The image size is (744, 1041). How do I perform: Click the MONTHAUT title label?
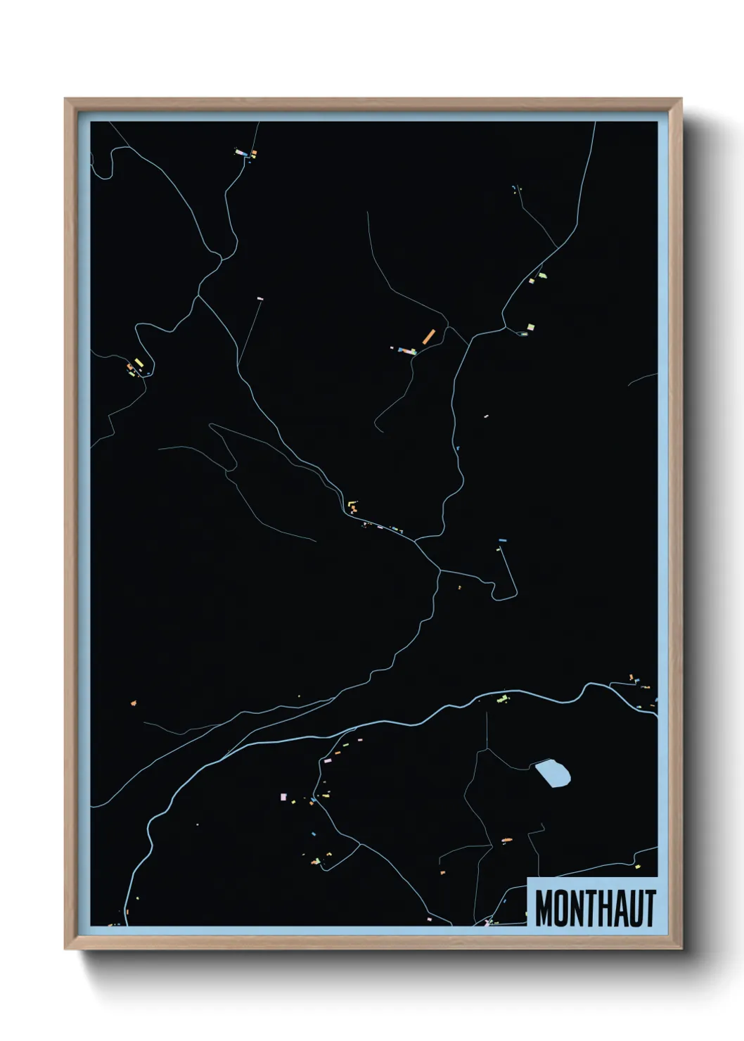tap(594, 907)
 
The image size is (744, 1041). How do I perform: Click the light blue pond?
tap(553, 774)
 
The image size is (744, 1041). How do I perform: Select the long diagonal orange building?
tap(428, 337)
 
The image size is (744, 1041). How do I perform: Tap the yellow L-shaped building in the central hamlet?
tap(351, 504)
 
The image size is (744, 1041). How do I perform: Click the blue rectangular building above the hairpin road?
tap(502, 540)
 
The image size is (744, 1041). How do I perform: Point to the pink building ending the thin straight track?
tap(259, 299)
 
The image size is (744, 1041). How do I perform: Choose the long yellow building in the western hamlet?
tap(139, 363)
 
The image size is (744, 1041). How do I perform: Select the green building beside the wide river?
tap(502, 699)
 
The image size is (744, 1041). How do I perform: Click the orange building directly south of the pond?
tap(506, 840)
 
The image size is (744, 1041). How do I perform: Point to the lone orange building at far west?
tap(133, 702)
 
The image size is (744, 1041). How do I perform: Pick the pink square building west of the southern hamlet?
tap(283, 797)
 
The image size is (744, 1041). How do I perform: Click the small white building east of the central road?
tap(485, 416)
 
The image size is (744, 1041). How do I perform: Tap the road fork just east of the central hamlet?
tap(416, 541)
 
